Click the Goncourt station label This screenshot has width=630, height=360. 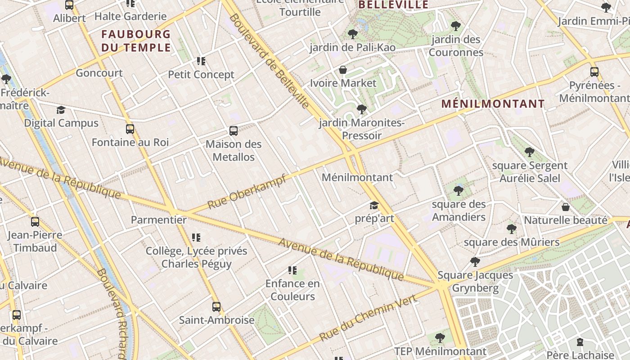pyautogui.click(x=99, y=73)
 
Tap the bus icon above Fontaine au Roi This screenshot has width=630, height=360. pyautogui.click(x=130, y=129)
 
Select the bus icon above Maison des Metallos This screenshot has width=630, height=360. pyautogui.click(x=234, y=131)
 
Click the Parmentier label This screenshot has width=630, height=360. pyautogui.click(x=158, y=220)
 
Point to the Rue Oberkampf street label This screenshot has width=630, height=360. pyautogui.click(x=247, y=192)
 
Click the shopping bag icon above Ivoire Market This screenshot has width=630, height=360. pyautogui.click(x=343, y=70)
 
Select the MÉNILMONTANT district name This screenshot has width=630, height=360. pyautogui.click(x=493, y=104)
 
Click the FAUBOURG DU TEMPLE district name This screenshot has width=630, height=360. pyautogui.click(x=136, y=40)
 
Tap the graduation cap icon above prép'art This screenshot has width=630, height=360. pyautogui.click(x=374, y=206)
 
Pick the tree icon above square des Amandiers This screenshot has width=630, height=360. pyautogui.click(x=459, y=191)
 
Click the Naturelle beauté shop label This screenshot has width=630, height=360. pyautogui.click(x=565, y=220)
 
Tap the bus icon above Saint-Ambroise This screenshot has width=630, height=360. pyautogui.click(x=216, y=307)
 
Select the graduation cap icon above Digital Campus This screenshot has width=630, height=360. pyautogui.click(x=61, y=110)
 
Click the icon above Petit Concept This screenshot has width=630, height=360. pyautogui.click(x=201, y=61)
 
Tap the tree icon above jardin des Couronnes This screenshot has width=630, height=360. pyautogui.click(x=456, y=26)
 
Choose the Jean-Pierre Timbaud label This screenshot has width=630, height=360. pyautogui.click(x=35, y=241)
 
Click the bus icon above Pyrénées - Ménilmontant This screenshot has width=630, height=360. pyautogui.click(x=594, y=72)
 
